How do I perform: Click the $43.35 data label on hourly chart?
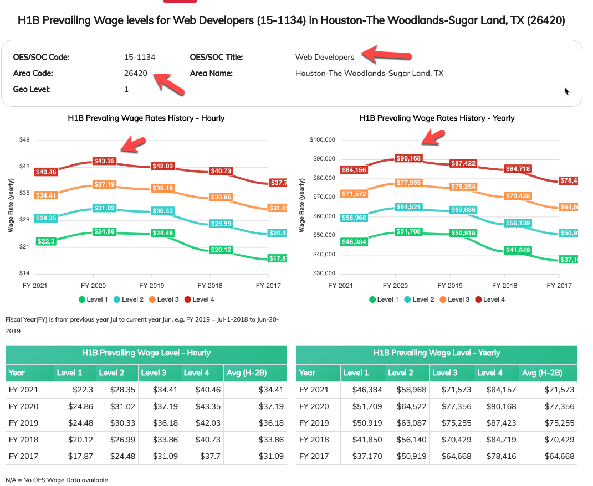[104, 161]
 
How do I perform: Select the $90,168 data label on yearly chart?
[408, 158]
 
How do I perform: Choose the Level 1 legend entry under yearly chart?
[384, 299]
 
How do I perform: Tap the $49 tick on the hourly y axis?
[24, 139]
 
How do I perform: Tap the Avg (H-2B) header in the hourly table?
[248, 373]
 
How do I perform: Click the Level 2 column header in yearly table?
[400, 373]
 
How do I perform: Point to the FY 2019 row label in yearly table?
[315, 423]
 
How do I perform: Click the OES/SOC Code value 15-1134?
[140, 57]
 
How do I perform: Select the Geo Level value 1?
[126, 89]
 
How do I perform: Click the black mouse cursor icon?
[566, 91]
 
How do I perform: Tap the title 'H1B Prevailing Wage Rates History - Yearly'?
[437, 118]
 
